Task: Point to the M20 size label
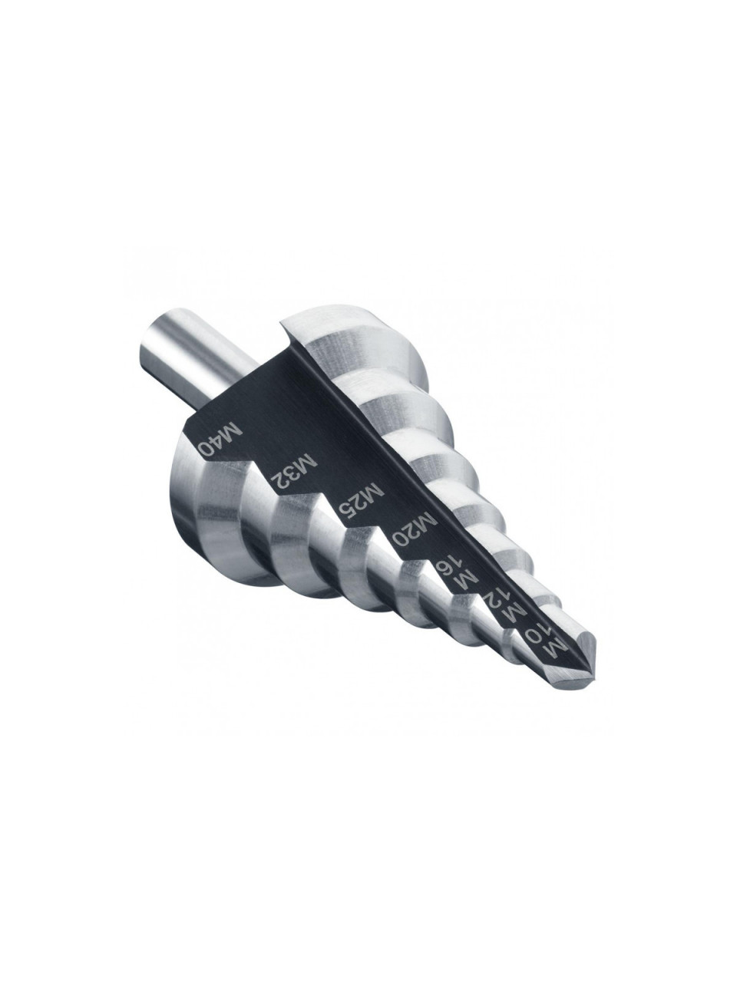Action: (x=414, y=531)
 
